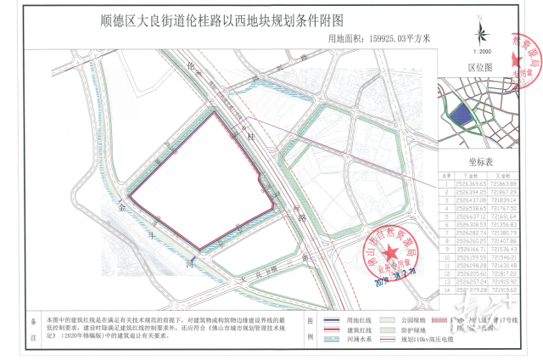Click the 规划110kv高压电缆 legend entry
[x=433, y=337]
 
